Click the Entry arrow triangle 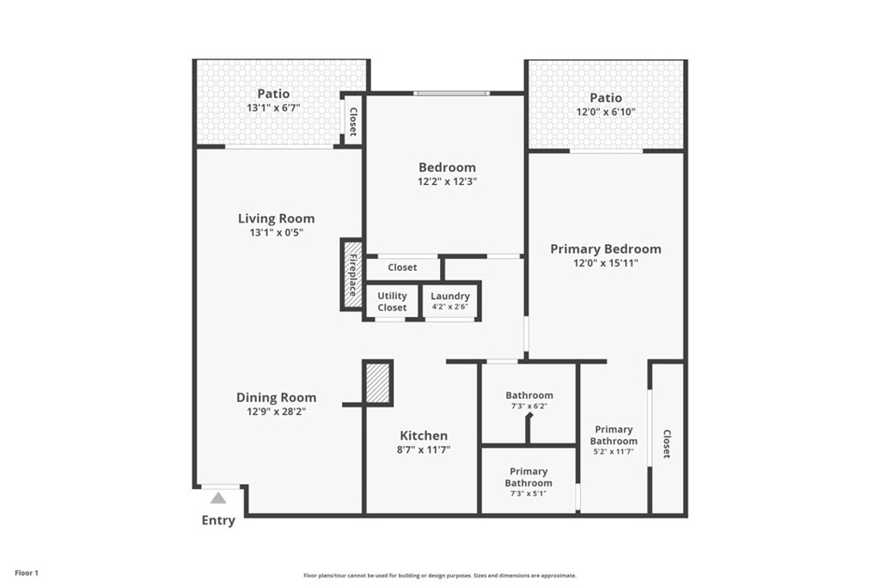(218, 498)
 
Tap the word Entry (218, 521)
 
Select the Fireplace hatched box (353, 274)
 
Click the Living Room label (276, 218)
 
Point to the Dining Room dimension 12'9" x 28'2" (276, 412)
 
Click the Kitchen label (424, 436)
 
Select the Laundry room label (450, 296)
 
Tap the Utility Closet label (392, 302)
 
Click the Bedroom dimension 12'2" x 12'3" (447, 181)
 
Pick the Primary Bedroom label (606, 248)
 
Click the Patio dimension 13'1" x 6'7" (274, 107)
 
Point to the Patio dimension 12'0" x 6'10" (606, 112)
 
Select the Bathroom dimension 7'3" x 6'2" (529, 406)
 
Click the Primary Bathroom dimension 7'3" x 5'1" (529, 493)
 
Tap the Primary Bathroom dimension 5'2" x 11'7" (614, 451)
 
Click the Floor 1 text (27, 573)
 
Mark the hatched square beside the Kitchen (378, 382)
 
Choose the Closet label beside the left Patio (353, 122)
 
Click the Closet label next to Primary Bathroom (667, 443)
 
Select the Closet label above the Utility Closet (402, 267)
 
